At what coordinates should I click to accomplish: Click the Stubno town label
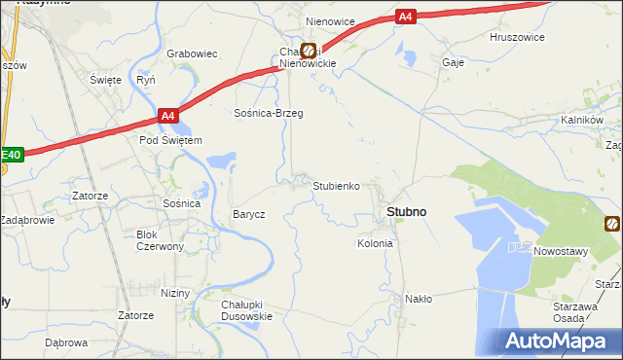[406, 211]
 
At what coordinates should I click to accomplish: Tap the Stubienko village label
[337, 185]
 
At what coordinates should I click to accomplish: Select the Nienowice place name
[330, 20]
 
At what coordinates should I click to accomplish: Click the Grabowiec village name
[191, 54]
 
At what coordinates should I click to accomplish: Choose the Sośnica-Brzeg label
[268, 114]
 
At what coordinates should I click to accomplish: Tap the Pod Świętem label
[170, 140]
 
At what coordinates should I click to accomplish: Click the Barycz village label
[248, 214]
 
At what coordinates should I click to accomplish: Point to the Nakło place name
[419, 299]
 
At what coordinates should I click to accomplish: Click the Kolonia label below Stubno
[375, 243]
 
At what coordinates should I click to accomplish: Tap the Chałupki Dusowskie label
[246, 309]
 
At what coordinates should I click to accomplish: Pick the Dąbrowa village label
[66, 342]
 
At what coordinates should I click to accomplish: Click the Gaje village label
[453, 60]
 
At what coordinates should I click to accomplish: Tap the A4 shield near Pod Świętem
[168, 117]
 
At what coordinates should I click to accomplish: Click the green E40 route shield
[11, 154]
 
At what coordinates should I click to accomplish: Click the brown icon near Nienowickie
[309, 51]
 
